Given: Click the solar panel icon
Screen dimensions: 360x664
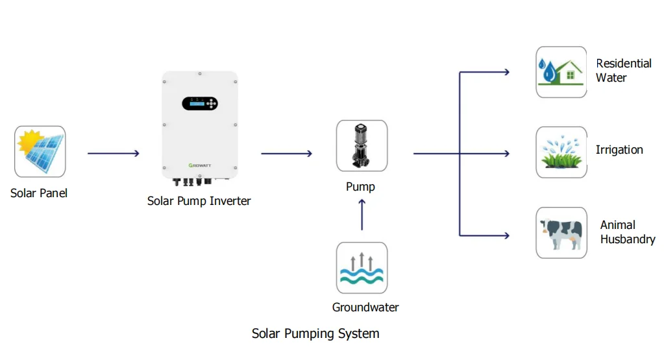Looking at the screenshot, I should (x=40, y=152).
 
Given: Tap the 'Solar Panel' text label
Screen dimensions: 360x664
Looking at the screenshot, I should (x=39, y=193).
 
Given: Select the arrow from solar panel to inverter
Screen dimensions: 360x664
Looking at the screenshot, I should (x=113, y=154).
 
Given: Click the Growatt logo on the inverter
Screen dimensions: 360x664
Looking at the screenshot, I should (x=199, y=165).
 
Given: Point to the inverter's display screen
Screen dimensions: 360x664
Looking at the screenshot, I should (x=195, y=103).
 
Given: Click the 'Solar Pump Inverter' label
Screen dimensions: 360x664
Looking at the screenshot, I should (x=199, y=201).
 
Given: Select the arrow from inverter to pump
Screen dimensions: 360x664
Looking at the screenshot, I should (x=286, y=154).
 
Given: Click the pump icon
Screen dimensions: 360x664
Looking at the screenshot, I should (x=362, y=146).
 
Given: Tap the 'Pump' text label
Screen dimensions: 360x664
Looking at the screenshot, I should (x=360, y=187).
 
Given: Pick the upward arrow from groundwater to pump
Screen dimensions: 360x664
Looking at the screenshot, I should (x=362, y=215).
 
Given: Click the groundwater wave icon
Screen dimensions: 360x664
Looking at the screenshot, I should (x=362, y=268).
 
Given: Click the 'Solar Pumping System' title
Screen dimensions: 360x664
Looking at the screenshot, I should (x=315, y=334).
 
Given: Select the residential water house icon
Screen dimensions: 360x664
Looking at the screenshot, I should (x=561, y=72).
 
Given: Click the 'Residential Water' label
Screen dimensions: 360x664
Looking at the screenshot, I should (x=623, y=70).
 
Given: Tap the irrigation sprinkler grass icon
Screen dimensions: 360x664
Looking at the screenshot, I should (x=561, y=152).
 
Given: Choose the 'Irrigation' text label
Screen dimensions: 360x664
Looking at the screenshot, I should (x=619, y=150).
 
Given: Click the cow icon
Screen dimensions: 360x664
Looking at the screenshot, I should (x=561, y=233).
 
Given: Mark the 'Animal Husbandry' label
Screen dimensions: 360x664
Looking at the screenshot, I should (x=627, y=232).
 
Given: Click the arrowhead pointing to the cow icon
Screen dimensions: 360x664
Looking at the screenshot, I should (x=506, y=235).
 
